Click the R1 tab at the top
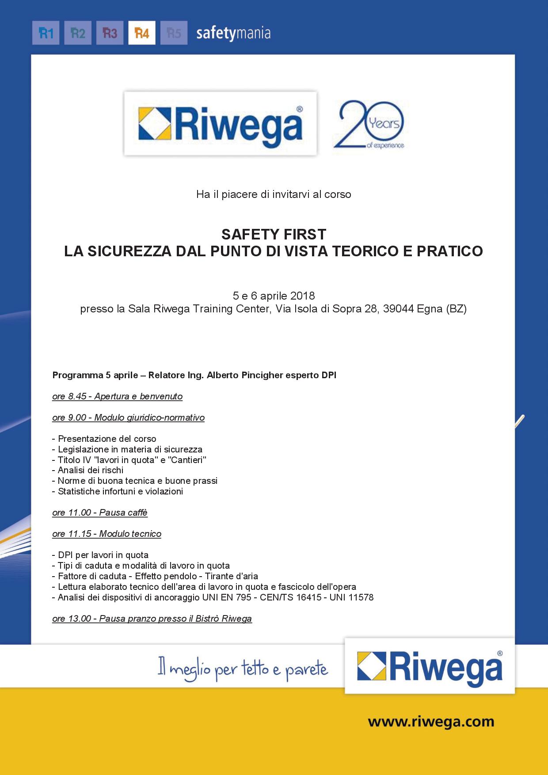click(46, 33)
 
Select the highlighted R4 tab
click(142, 33)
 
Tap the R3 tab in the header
click(110, 33)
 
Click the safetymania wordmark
click(233, 34)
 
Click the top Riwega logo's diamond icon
click(155, 124)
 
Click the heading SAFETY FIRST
click(274, 234)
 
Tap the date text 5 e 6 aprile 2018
click(274, 295)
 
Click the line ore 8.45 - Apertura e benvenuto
click(117, 396)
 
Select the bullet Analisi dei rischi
click(91, 470)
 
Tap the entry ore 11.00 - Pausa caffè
click(100, 513)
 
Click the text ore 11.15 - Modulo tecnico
click(107, 534)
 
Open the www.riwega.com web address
click(431, 722)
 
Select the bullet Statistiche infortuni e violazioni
click(120, 491)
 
